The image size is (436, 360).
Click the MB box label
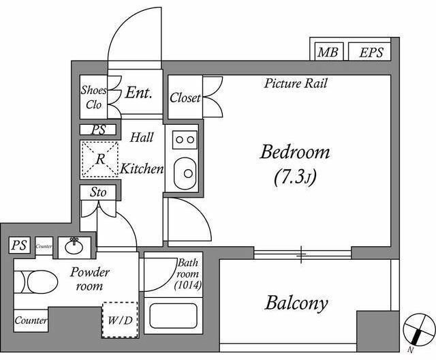point(329,52)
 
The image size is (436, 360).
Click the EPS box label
point(371,52)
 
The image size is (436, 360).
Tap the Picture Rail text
point(296,84)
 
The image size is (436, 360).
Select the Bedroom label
point(294,151)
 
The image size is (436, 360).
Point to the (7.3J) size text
point(294,178)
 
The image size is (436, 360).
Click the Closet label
point(185,97)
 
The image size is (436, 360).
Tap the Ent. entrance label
point(138,93)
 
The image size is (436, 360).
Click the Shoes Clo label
point(93,97)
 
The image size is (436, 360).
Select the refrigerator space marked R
point(99,160)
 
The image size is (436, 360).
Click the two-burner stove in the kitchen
point(183,140)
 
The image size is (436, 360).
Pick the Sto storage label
point(98,192)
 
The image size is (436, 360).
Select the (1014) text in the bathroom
point(187,285)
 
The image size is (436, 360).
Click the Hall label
point(141,137)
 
